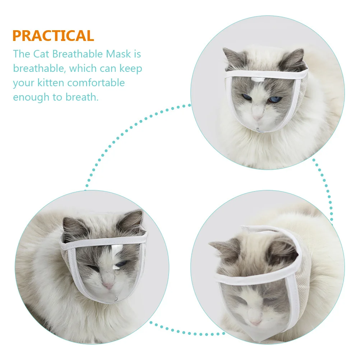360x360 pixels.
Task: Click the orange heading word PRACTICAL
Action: click(x=53, y=36)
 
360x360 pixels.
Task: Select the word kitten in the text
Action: click(x=51, y=83)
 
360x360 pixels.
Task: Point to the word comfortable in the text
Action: click(x=96, y=83)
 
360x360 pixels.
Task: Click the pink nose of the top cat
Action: click(x=258, y=117)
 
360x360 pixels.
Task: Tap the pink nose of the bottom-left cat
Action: click(x=108, y=286)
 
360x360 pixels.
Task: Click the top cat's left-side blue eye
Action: click(x=246, y=97)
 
